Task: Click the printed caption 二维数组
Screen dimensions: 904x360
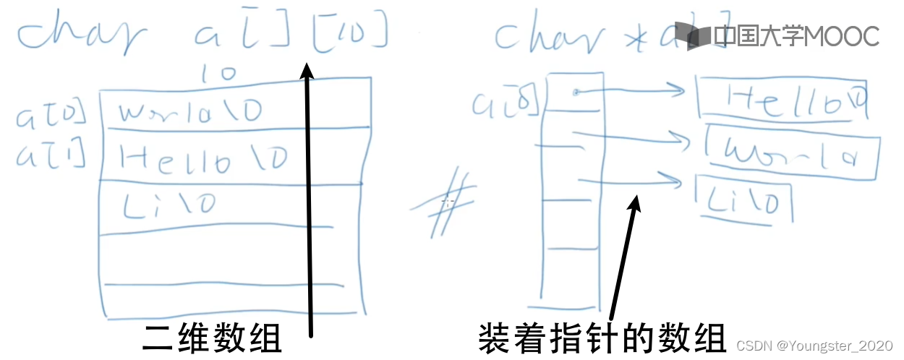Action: tap(211, 338)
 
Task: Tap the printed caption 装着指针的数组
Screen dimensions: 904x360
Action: tap(602, 338)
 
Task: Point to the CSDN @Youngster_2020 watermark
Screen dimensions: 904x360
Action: tap(814, 346)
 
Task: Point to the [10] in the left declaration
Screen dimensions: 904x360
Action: tap(350, 34)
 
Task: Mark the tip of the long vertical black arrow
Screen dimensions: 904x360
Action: tap(307, 66)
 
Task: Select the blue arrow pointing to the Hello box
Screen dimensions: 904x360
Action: tap(629, 91)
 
